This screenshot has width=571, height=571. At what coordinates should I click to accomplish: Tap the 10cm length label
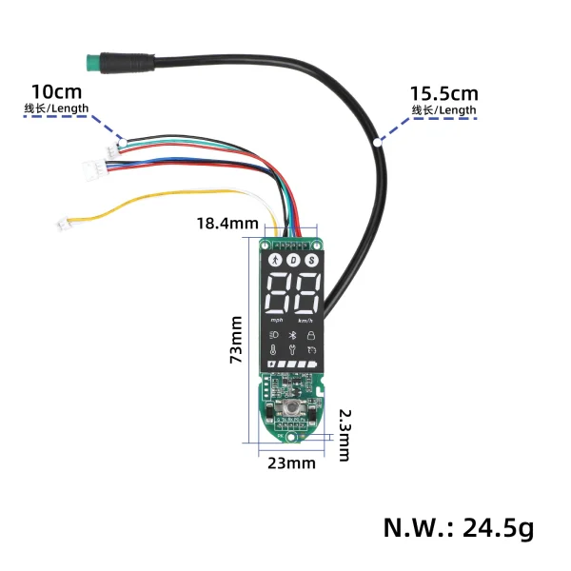point(56,92)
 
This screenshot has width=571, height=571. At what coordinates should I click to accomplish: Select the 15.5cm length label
point(443,94)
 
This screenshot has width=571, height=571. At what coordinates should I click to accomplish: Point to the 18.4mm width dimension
point(227,224)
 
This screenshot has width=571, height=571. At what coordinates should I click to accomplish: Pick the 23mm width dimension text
point(290,463)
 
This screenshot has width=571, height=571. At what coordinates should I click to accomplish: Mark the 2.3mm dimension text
point(345,435)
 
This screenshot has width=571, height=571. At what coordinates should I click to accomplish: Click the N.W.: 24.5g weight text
point(459,526)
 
